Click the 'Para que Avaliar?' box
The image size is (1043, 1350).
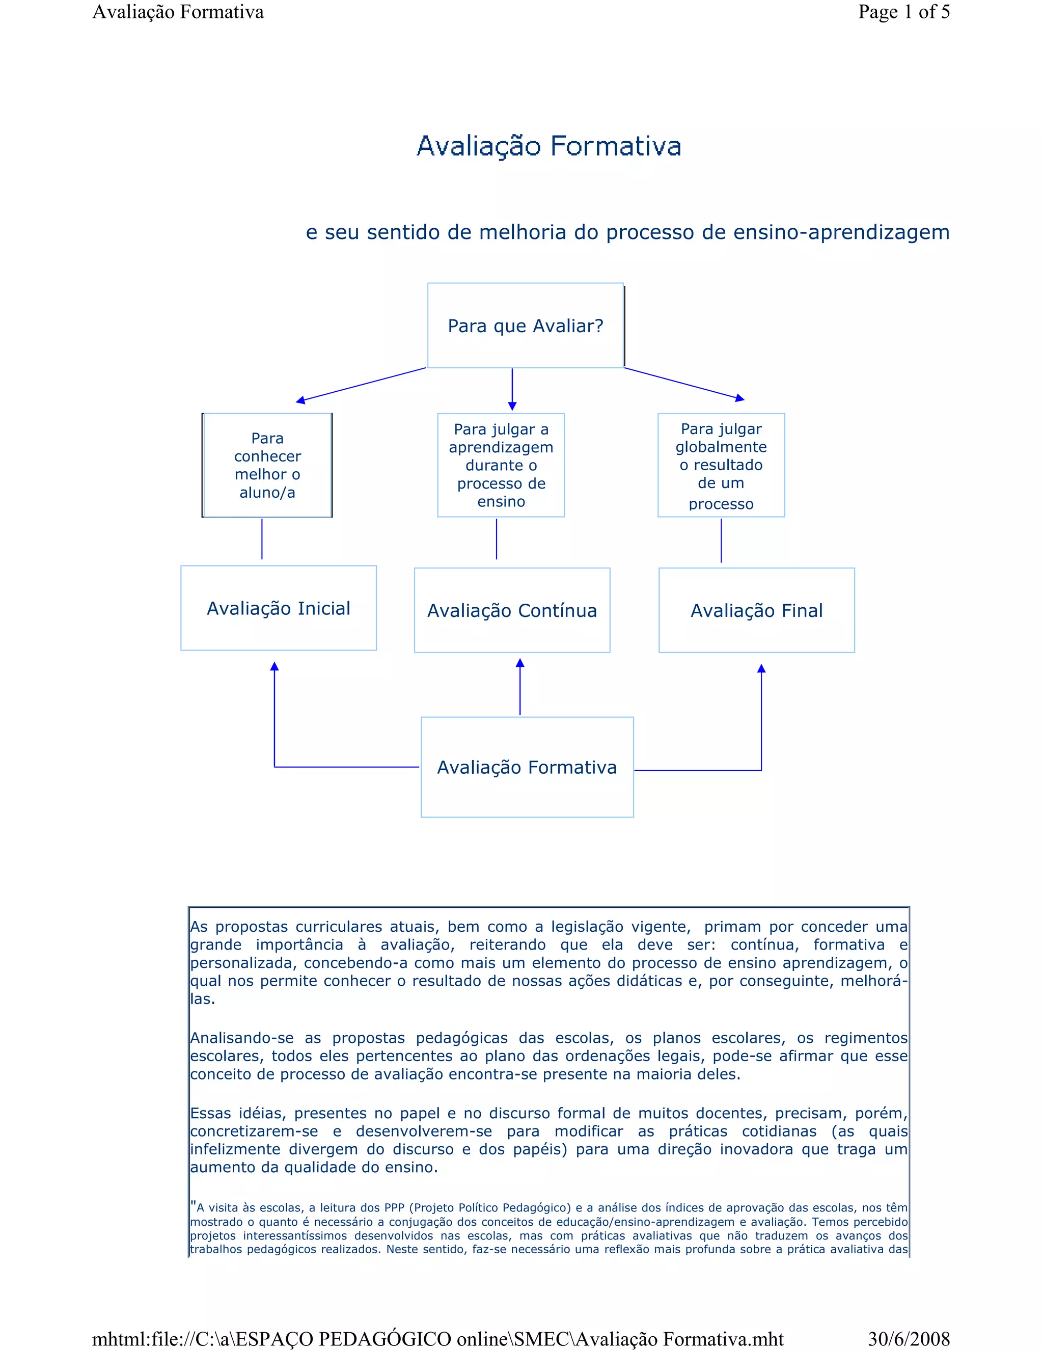click(525, 326)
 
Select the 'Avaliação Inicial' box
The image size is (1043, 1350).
click(278, 608)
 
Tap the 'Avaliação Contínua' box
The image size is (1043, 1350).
click(512, 611)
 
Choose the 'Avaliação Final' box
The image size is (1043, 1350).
click(756, 611)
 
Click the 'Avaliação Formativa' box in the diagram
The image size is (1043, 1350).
click(527, 767)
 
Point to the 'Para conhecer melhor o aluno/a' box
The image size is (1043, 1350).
click(267, 466)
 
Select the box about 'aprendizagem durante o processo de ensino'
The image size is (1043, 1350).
click(501, 466)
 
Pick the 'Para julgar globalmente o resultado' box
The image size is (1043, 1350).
click(721, 466)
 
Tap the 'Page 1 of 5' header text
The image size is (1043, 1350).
click(903, 12)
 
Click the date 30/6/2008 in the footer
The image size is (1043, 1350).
click(909, 1339)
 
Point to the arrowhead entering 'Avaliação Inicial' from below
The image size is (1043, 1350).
click(275, 666)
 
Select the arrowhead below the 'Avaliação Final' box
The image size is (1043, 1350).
click(761, 669)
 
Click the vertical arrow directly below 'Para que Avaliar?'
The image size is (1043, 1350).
click(512, 389)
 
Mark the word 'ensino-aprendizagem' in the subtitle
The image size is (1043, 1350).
click(841, 232)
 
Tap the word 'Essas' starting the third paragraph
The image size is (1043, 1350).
click(210, 1113)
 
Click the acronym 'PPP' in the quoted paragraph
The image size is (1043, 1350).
click(394, 1208)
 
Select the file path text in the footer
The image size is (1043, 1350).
click(437, 1339)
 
